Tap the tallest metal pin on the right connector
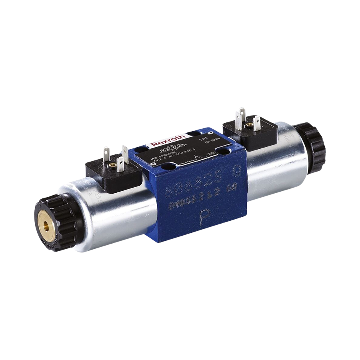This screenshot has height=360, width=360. tap(241, 114)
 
